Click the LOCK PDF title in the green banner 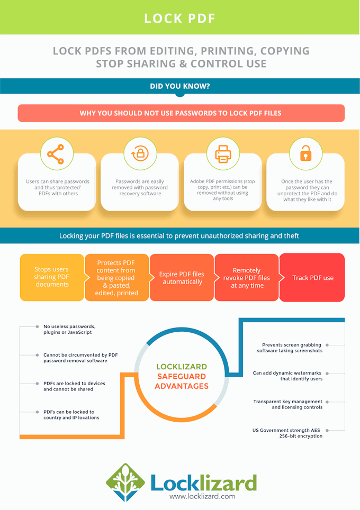(x=179, y=19)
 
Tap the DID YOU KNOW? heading (x=179, y=86)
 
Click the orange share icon (x=56, y=154)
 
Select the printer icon (x=223, y=153)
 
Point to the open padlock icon (x=305, y=153)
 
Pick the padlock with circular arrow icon (x=140, y=153)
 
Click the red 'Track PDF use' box (x=312, y=277)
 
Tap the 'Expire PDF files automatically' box (x=182, y=277)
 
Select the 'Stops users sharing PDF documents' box (x=52, y=277)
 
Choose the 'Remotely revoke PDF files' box (x=247, y=277)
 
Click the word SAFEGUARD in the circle (x=182, y=376)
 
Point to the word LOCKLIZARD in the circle (x=182, y=367)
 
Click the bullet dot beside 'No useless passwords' (x=37, y=326)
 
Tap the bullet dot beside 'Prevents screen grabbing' (x=327, y=345)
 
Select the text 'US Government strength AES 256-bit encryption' (x=287, y=433)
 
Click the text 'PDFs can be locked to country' (x=71, y=415)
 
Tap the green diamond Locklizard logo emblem (x=125, y=482)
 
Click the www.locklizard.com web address (x=202, y=496)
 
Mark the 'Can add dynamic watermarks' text (x=288, y=376)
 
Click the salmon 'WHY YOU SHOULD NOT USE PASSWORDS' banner (x=181, y=113)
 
